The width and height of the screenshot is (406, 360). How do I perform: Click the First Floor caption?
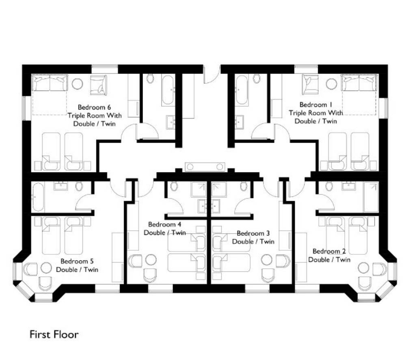click(54, 334)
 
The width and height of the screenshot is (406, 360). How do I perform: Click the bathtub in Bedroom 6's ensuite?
click(168, 90)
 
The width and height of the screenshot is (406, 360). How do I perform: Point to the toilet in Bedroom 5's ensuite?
click(79, 186)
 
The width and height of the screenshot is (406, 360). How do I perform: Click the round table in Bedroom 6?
click(77, 84)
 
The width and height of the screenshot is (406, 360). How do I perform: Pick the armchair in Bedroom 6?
click(98, 85)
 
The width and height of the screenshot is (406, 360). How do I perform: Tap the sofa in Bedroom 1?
click(359, 83)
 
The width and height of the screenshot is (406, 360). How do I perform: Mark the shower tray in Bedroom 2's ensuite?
click(371, 197)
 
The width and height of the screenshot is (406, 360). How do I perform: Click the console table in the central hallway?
click(205, 167)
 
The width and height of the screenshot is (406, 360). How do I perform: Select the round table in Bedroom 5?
click(46, 267)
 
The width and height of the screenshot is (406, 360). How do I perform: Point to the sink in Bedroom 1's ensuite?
click(240, 122)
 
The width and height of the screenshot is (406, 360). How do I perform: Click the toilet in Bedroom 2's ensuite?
click(329, 186)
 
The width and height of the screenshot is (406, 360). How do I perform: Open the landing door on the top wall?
click(211, 75)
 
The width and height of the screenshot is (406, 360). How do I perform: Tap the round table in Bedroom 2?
click(363, 268)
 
